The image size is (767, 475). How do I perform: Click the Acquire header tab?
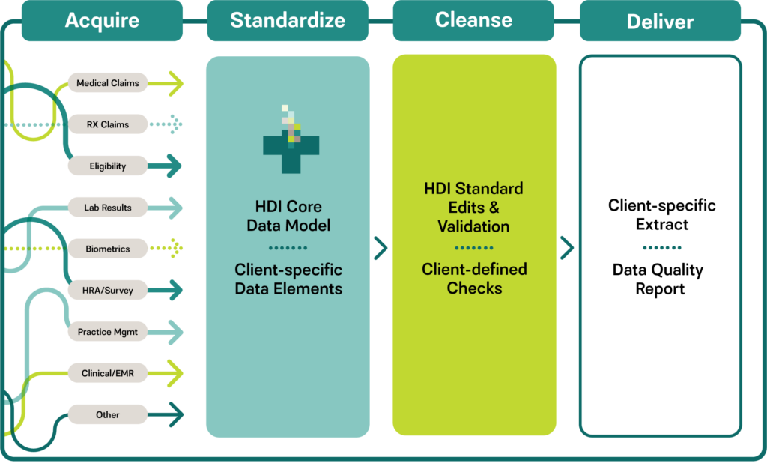(102, 20)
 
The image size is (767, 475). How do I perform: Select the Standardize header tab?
(288, 20)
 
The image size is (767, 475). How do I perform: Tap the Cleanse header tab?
(473, 20)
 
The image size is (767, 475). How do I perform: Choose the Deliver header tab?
(660, 20)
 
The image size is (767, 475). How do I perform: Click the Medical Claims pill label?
(108, 83)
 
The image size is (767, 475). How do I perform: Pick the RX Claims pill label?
(108, 124)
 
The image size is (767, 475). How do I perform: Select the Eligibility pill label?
(108, 166)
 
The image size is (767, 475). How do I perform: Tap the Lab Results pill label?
(108, 208)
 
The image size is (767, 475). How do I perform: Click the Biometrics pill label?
(108, 249)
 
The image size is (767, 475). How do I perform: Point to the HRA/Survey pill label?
(108, 290)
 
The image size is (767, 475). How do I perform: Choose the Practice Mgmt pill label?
(108, 332)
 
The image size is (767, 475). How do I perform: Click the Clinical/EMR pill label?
(108, 373)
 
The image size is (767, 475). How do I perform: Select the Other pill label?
(108, 415)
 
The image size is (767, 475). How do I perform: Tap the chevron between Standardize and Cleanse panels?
(381, 248)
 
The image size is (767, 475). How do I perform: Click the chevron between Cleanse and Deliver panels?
(567, 248)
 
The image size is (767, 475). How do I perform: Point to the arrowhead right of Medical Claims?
(176, 83)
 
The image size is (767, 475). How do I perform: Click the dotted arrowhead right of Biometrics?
(177, 249)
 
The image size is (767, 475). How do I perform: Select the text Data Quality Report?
(658, 279)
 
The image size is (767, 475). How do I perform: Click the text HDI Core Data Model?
(288, 216)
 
